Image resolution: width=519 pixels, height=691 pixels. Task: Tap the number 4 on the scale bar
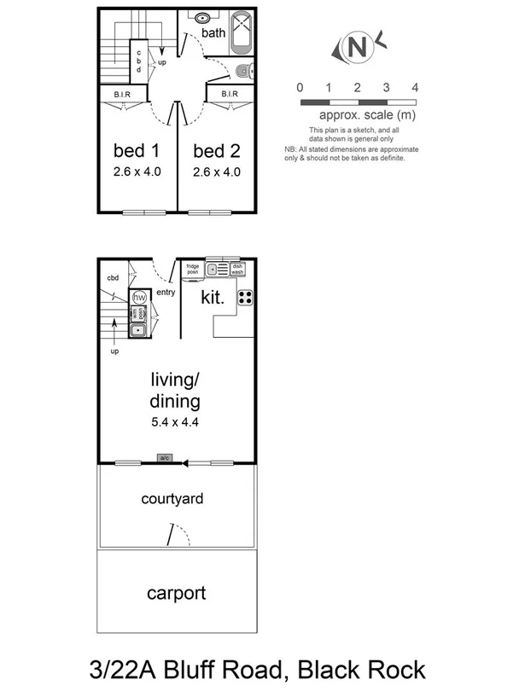click(415, 88)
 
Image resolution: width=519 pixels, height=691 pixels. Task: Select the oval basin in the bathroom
click(204, 17)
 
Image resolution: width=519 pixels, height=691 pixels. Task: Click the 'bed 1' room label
click(137, 151)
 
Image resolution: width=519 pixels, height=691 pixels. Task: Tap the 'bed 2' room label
click(216, 151)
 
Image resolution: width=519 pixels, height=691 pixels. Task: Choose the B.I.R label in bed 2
click(229, 94)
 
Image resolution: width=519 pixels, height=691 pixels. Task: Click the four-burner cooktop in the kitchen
click(245, 298)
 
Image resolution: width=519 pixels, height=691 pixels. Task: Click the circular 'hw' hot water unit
click(139, 297)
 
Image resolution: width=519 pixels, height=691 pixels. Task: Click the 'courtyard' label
click(172, 499)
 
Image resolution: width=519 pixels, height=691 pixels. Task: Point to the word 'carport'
click(176, 593)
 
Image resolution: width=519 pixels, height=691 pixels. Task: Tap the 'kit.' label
click(212, 298)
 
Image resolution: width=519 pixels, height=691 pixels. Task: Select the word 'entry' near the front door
click(166, 293)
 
